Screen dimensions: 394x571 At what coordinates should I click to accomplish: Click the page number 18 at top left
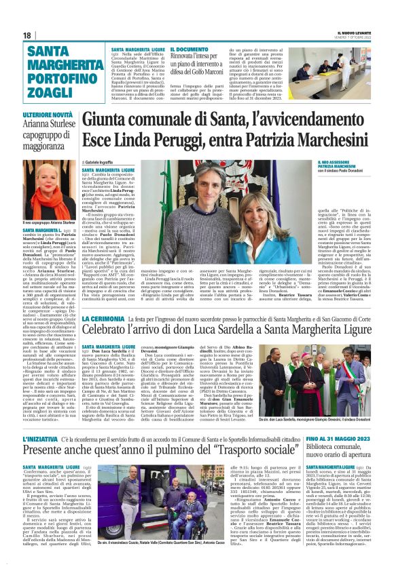tap(28, 35)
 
